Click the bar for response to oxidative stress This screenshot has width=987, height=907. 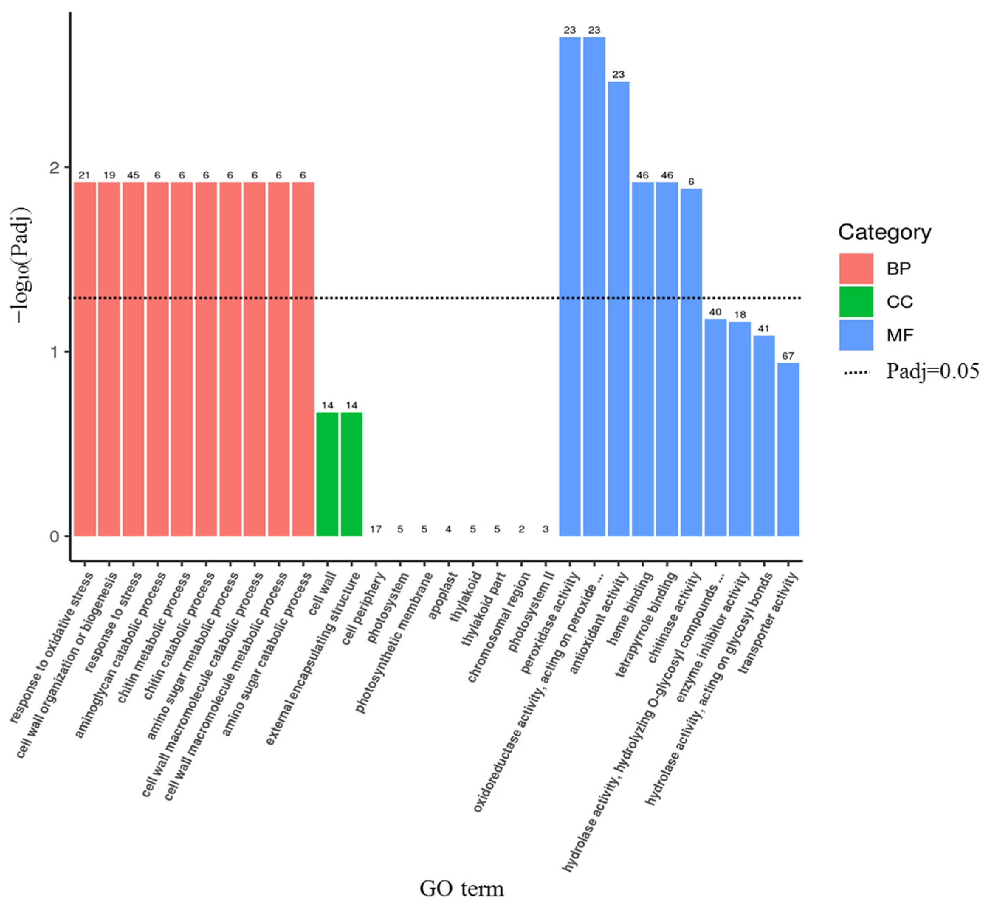(x=85, y=359)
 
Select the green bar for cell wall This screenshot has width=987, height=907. (x=327, y=474)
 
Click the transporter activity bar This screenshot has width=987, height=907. (x=788, y=449)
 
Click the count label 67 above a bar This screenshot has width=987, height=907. (x=788, y=356)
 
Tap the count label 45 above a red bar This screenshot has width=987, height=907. (x=133, y=175)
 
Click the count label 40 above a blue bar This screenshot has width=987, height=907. (x=715, y=312)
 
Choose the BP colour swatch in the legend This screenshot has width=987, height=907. (x=856, y=268)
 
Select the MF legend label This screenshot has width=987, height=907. (x=900, y=335)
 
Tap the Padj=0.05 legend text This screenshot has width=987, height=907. (x=932, y=371)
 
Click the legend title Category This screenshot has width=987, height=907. (x=884, y=232)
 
